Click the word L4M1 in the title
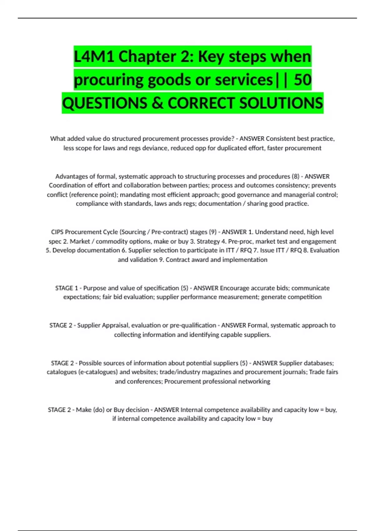click(94, 57)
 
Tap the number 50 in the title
click(302, 80)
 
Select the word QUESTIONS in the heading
click(105, 103)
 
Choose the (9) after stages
click(212, 232)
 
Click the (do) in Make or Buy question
click(99, 410)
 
